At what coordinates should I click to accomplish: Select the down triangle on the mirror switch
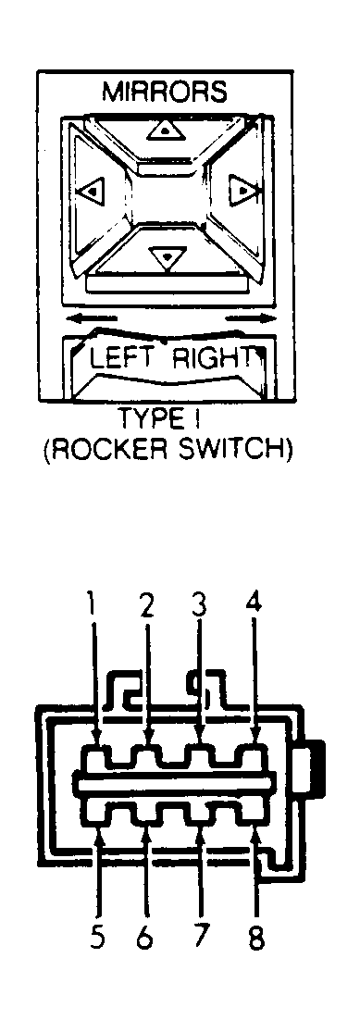click(168, 257)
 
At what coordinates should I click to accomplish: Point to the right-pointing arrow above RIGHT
click(250, 318)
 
